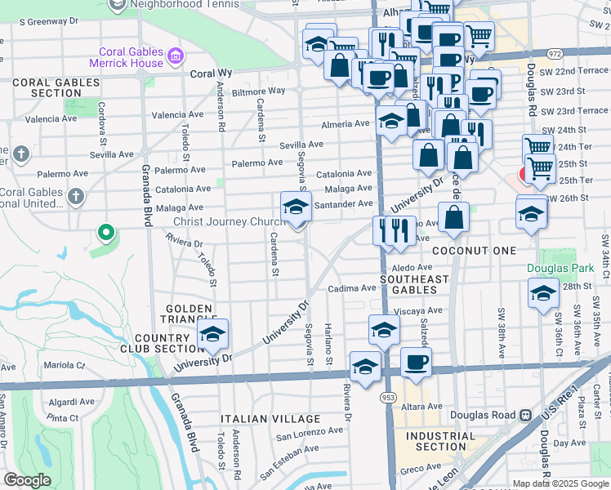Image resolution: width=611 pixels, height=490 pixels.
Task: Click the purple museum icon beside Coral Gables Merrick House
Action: click(x=175, y=56)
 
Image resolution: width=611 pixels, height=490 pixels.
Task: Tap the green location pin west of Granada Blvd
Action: click(x=105, y=234)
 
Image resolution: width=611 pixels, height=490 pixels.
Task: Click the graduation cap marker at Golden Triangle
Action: click(x=213, y=334)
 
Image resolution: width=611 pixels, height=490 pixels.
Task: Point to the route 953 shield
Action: click(x=386, y=397)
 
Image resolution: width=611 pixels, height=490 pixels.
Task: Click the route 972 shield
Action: click(x=555, y=54)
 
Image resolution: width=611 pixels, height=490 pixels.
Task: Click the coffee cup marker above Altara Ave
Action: click(x=416, y=363)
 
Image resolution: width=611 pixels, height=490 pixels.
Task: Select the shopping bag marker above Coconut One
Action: click(x=453, y=218)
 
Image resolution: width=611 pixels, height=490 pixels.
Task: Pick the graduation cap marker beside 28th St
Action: click(x=542, y=294)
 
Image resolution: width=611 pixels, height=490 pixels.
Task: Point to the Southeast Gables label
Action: click(x=415, y=284)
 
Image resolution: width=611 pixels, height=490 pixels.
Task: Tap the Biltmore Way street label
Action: click(x=258, y=91)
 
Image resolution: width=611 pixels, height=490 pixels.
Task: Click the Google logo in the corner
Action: click(x=27, y=480)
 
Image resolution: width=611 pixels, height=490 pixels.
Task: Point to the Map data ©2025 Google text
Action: click(x=560, y=483)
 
